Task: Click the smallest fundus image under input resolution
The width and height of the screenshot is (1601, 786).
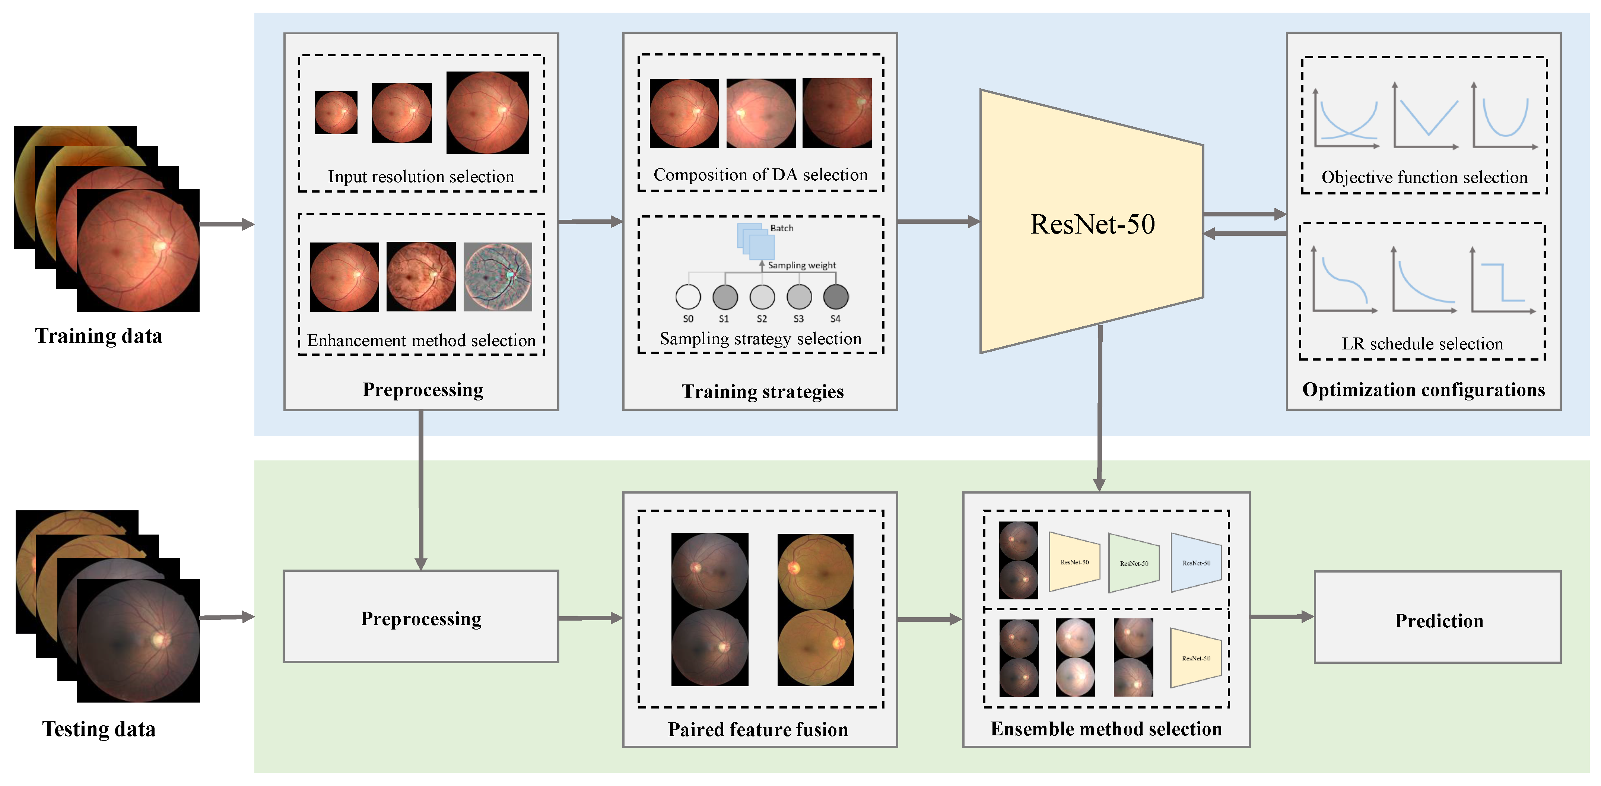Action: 336,112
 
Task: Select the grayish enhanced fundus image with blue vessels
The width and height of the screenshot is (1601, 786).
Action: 498,277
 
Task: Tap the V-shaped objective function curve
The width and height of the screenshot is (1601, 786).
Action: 1426,118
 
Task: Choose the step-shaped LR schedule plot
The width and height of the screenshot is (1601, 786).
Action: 1503,283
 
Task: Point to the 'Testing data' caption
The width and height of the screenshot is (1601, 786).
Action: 99,729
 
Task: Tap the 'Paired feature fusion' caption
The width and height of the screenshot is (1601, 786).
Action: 757,729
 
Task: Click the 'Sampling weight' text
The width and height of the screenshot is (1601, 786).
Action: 802,266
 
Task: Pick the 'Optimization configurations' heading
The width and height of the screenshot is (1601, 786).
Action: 1423,390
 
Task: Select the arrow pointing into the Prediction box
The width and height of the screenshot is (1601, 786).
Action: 1281,617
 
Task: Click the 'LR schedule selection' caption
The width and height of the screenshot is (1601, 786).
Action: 1422,344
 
